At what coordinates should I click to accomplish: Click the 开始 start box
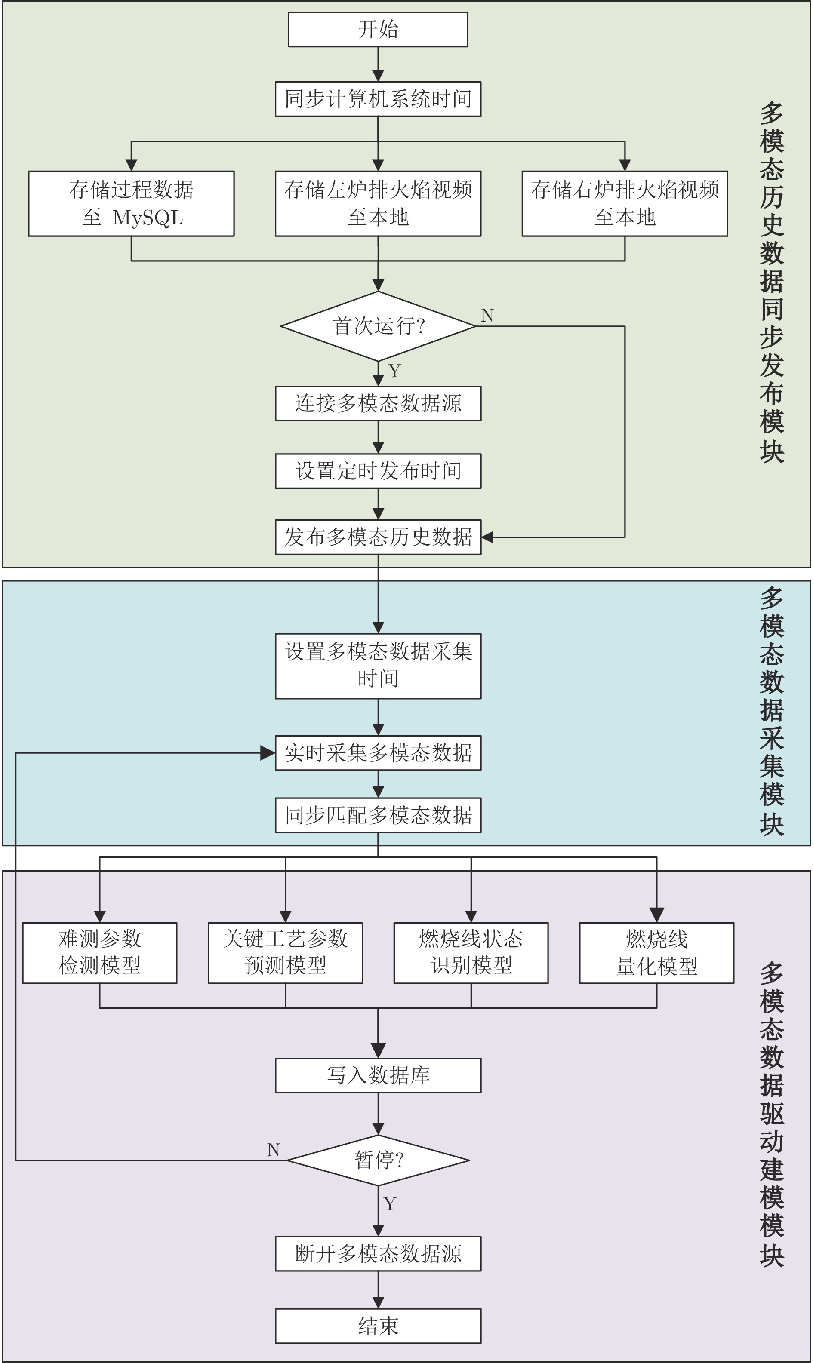pyautogui.click(x=378, y=30)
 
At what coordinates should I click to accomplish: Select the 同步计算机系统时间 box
pyautogui.click(x=378, y=99)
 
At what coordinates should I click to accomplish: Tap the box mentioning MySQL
pyautogui.click(x=132, y=204)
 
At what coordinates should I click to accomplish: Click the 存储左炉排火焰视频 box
pyautogui.click(x=378, y=204)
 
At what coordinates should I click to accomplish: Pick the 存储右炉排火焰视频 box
pyautogui.click(x=625, y=204)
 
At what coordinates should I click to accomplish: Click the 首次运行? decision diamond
pyautogui.click(x=378, y=326)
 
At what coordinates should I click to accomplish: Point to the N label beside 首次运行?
pyautogui.click(x=487, y=316)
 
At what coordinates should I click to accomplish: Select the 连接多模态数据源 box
pyautogui.click(x=378, y=404)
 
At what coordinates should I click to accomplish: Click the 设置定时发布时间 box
pyautogui.click(x=378, y=471)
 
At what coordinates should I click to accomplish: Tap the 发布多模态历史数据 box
pyautogui.click(x=378, y=537)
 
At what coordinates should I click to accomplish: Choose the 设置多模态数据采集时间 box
pyautogui.click(x=378, y=666)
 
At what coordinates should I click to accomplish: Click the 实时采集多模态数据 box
pyautogui.click(x=378, y=753)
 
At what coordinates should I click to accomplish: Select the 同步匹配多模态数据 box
pyautogui.click(x=378, y=815)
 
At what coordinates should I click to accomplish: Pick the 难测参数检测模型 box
pyautogui.click(x=100, y=953)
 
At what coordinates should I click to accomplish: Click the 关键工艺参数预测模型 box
pyautogui.click(x=286, y=953)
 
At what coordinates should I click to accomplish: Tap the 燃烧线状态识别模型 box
pyautogui.click(x=471, y=953)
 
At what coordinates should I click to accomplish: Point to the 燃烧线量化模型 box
pyautogui.click(x=657, y=953)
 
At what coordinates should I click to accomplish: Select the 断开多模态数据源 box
pyautogui.click(x=378, y=1253)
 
